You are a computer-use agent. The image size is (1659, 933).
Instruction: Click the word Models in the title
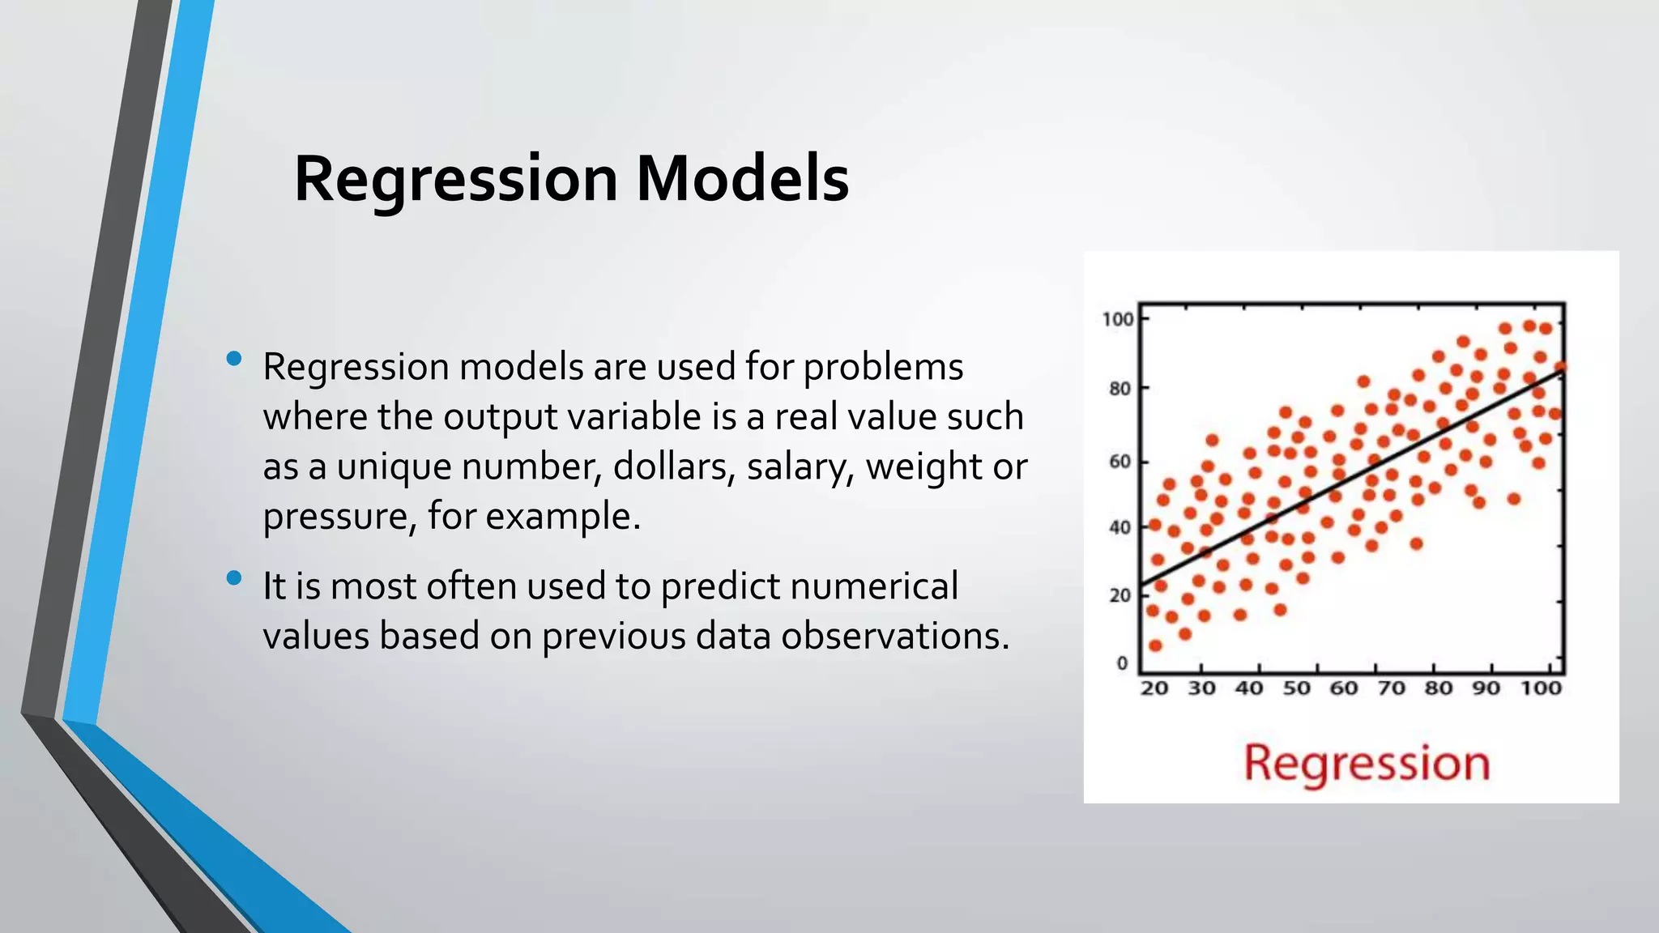click(742, 179)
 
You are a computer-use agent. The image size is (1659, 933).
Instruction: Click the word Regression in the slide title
click(456, 179)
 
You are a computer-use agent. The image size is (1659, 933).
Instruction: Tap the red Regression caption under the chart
click(1367, 763)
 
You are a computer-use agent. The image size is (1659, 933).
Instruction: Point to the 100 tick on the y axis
click(1118, 319)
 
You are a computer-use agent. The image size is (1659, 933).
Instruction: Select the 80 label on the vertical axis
click(1120, 389)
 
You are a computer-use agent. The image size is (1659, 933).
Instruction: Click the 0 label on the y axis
click(1122, 663)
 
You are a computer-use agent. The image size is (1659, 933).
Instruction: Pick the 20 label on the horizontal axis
click(1154, 688)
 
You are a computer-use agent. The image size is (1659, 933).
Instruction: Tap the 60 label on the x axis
click(1344, 688)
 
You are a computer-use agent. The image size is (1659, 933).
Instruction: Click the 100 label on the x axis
click(1540, 688)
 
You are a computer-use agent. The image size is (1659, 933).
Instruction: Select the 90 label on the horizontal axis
click(1486, 688)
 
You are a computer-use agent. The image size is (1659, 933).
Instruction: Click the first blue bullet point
click(234, 359)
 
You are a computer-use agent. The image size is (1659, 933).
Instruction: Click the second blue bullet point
click(234, 577)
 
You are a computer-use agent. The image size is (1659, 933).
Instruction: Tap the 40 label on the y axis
click(1120, 528)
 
